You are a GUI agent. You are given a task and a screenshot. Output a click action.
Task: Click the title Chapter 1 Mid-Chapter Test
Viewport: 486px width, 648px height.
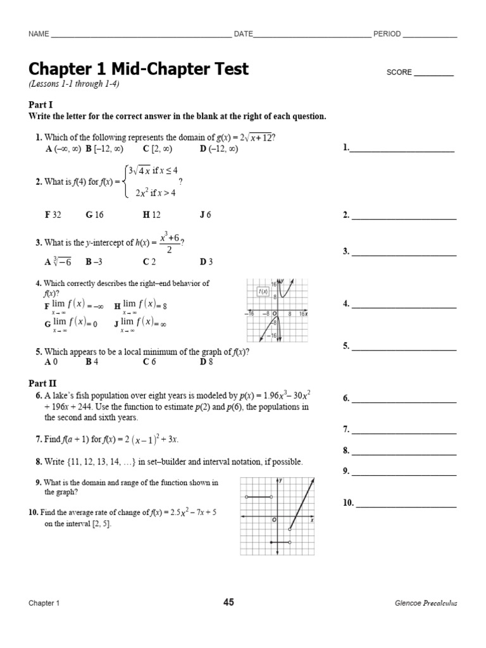(x=139, y=69)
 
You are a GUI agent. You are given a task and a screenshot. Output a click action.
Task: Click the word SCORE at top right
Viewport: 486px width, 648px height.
(x=399, y=73)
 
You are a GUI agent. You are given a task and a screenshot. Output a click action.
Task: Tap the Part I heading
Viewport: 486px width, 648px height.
(x=39, y=104)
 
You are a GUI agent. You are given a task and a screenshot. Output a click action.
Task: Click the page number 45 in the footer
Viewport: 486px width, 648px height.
(x=228, y=602)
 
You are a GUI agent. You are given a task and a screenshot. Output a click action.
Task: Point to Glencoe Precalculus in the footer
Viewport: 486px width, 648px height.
(x=425, y=603)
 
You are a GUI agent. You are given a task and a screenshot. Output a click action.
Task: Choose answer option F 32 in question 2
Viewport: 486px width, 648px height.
(x=53, y=215)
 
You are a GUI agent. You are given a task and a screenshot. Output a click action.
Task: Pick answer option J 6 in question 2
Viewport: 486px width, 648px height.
(x=205, y=215)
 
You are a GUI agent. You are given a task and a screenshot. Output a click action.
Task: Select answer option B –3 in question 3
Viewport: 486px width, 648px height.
(x=94, y=261)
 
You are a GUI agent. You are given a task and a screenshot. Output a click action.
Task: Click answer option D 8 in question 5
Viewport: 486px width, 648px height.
(x=206, y=362)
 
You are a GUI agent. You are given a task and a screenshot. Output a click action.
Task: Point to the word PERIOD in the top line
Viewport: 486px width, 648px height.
(x=387, y=34)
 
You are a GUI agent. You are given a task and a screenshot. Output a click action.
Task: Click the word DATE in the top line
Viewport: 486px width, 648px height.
(x=243, y=34)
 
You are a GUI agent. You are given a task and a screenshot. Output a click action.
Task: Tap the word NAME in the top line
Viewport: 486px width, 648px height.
(x=39, y=34)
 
